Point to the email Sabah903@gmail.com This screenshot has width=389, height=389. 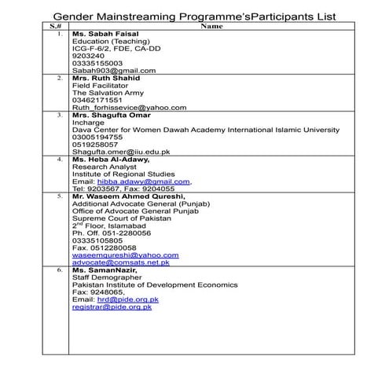tap(114, 70)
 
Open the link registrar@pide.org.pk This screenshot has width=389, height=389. tap(112, 306)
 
